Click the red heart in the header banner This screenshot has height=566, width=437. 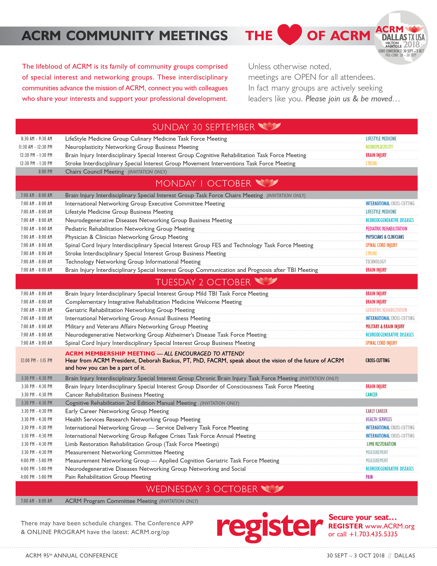[289, 34]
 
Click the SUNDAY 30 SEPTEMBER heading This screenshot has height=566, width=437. [204, 127]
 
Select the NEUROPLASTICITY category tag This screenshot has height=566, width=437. [379, 147]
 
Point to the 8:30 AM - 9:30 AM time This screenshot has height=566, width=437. [37, 139]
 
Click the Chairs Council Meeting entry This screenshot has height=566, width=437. [95, 172]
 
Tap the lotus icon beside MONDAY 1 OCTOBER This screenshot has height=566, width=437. [267, 183]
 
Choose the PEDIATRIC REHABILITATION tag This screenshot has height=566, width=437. [386, 228]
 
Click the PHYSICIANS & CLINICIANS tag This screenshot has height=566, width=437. [385, 237]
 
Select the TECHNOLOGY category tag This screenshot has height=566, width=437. [375, 262]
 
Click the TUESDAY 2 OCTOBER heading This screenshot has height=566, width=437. [203, 282]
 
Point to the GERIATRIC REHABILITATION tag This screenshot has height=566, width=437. [386, 310]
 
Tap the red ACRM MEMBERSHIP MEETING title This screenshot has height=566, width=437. [110, 353]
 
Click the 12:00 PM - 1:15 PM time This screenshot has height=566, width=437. [37, 360]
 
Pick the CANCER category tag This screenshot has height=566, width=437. [371, 395]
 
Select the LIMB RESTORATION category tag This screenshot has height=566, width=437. [381, 444]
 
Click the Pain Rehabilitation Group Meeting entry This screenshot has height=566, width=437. [108, 477]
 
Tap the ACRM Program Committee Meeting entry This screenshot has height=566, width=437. [111, 501]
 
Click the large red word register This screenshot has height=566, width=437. [269, 527]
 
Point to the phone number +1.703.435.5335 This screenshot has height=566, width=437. [373, 534]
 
